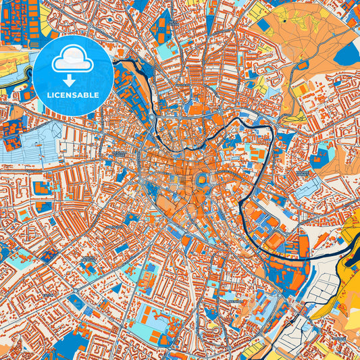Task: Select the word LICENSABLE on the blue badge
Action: pyautogui.click(x=72, y=95)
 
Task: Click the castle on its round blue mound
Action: pyautogui.click(x=201, y=180)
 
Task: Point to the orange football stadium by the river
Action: pyautogui.click(x=275, y=241)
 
